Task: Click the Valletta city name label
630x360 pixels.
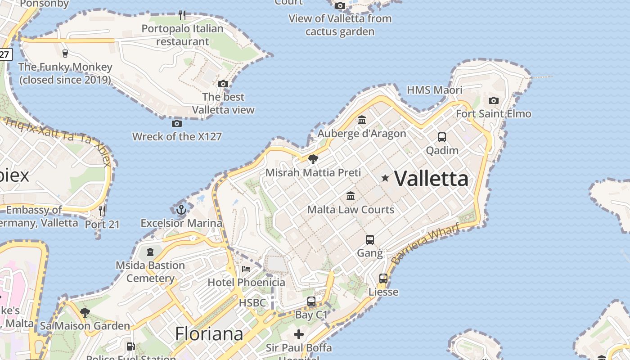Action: point(432,179)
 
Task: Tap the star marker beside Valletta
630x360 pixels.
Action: point(385,178)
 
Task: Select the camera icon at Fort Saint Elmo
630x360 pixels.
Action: point(494,100)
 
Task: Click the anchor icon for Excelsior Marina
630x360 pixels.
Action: point(181,210)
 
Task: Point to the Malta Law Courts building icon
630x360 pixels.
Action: point(351,196)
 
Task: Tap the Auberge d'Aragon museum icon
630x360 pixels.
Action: point(361,120)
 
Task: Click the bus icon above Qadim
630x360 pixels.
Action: point(442,137)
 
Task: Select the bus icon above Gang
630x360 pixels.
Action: point(370,239)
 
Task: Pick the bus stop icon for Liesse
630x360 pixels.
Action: point(383,279)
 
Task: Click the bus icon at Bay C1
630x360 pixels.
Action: point(311,301)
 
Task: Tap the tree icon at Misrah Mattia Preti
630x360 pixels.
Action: point(313,159)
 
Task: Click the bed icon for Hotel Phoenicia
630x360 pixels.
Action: point(246,269)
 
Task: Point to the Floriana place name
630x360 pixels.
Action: point(209,334)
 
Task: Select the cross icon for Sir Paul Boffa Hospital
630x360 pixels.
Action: point(299,334)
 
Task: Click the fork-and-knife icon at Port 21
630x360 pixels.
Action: point(102,211)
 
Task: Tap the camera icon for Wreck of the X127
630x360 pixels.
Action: point(177,123)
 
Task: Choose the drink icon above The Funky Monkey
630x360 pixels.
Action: point(65,54)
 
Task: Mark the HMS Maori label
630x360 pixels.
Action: point(434,90)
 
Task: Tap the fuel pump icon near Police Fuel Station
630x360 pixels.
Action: point(130,346)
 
